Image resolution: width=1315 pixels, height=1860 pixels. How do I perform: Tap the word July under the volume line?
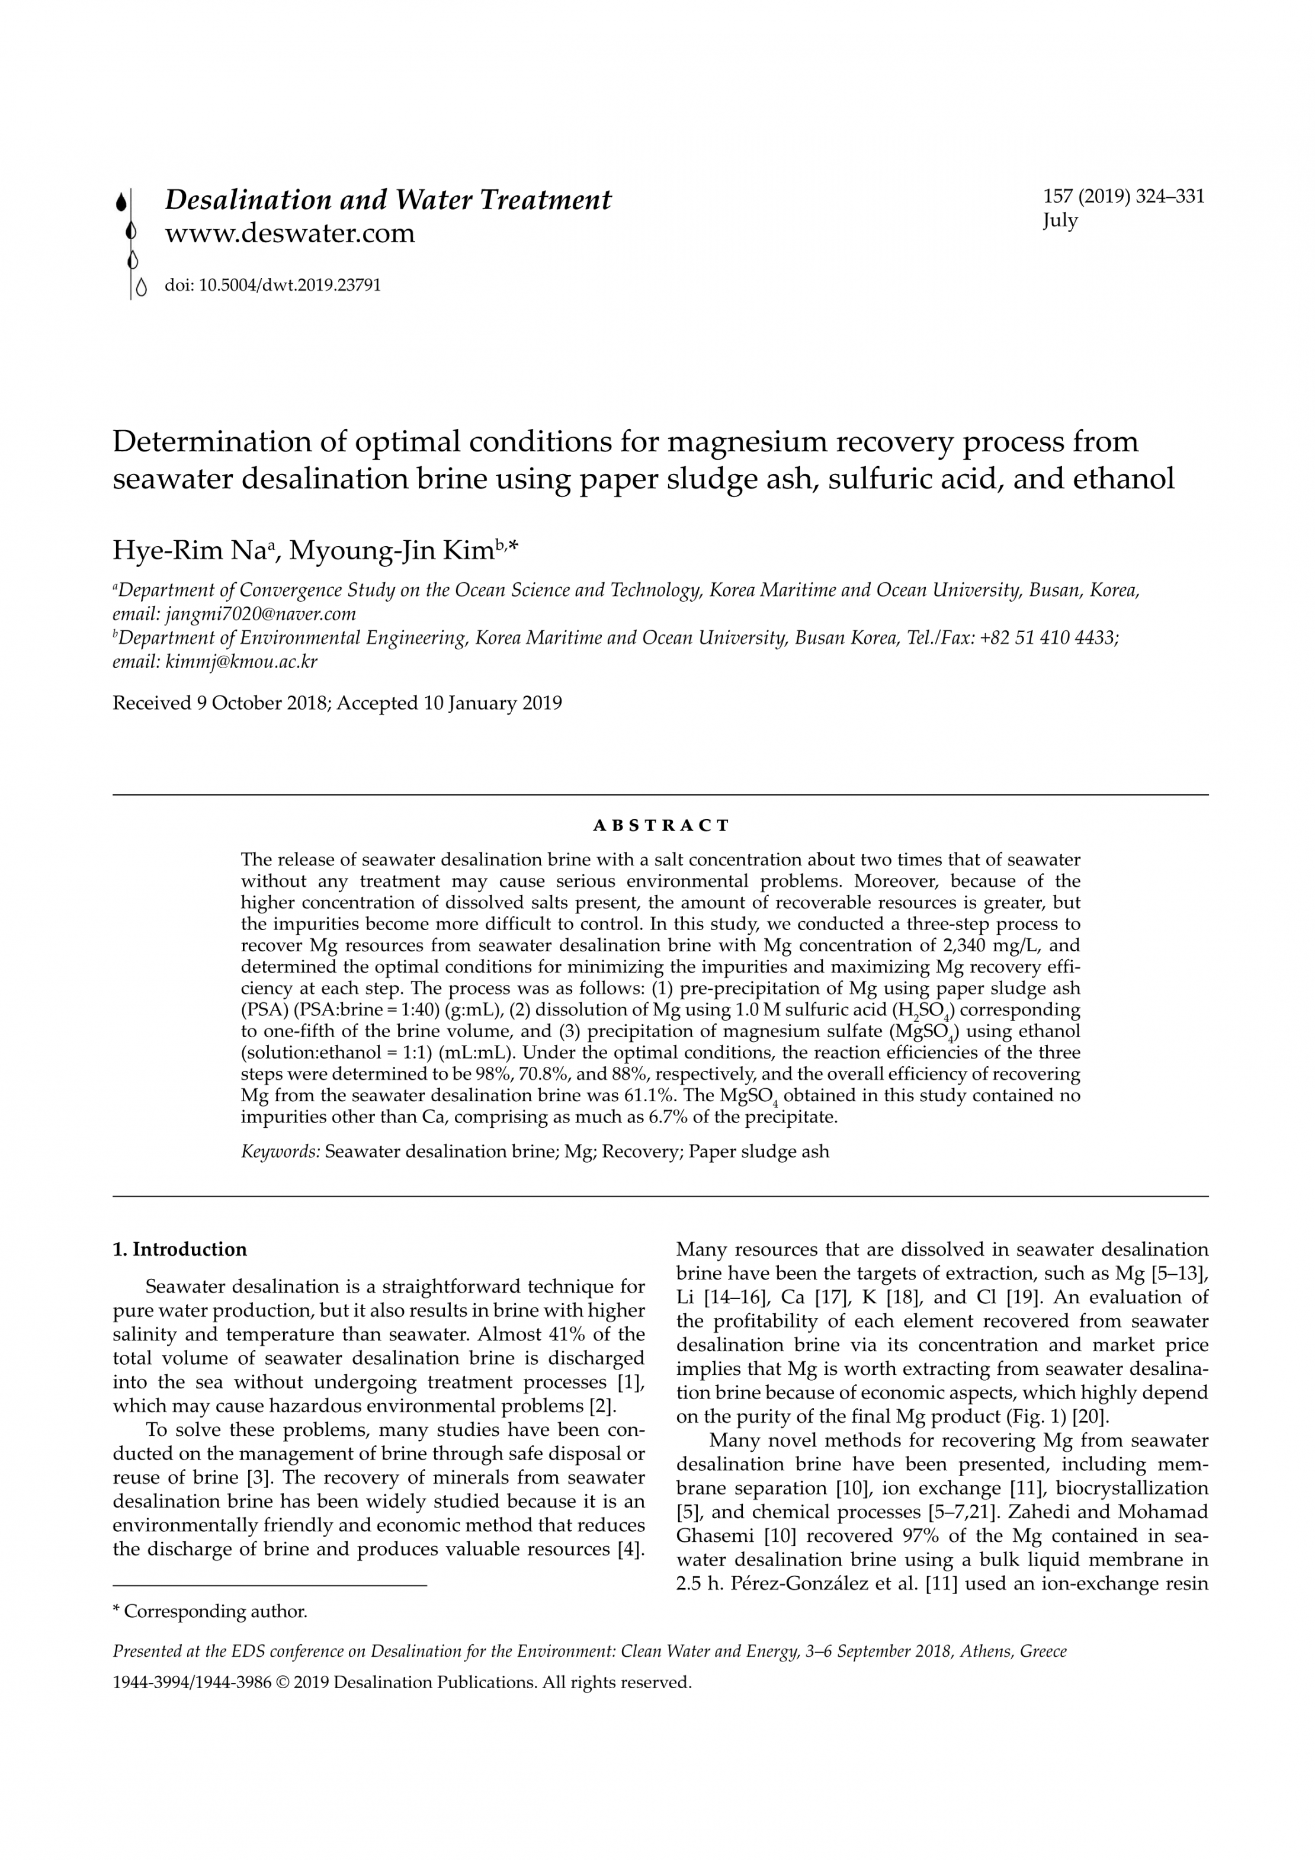(x=1060, y=220)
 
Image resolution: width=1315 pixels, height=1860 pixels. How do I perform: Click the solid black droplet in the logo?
(x=121, y=202)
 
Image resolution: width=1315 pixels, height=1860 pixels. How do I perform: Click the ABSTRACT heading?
(x=661, y=826)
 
